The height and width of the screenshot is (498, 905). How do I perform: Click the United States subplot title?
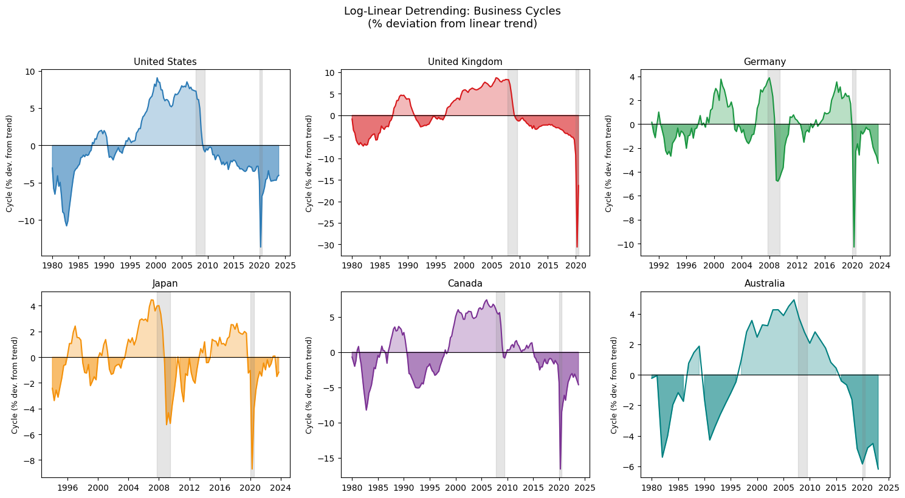[165, 62]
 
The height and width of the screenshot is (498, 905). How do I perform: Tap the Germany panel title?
[765, 62]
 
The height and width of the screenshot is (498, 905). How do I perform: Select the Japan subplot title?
[165, 283]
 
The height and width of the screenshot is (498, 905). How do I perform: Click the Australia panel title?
[765, 283]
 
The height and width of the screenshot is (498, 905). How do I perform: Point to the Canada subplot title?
[464, 283]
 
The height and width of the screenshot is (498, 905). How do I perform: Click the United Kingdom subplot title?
[464, 62]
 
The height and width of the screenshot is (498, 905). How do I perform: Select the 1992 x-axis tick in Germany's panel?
[659, 265]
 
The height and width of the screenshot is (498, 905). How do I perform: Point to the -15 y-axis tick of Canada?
[328, 459]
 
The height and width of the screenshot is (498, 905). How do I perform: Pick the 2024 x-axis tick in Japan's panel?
[281, 488]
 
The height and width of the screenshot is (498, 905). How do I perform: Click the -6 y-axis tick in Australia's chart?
[630, 467]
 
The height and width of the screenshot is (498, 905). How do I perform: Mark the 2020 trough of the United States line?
[261, 247]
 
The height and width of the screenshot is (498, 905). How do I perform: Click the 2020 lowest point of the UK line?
[577, 247]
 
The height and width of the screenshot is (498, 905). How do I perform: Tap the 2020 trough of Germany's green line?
[854, 247]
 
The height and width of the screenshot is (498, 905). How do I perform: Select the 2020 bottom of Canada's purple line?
[560, 469]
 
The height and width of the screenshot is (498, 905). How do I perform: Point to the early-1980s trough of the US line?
[67, 225]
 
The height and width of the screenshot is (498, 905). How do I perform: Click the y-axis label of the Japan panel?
[15, 385]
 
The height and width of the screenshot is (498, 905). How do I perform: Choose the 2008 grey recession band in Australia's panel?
[803, 384]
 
